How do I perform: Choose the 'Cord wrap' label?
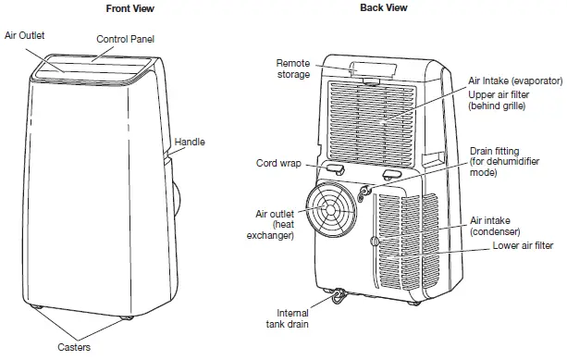(274, 164)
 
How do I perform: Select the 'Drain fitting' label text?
(499, 151)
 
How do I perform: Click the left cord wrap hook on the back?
(335, 168)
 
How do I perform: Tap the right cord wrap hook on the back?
(391, 172)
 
